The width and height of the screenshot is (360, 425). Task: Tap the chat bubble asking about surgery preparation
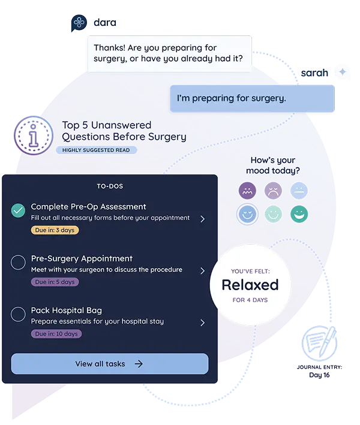tap(169, 53)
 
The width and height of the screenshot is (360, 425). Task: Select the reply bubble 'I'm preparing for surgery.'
tap(251, 98)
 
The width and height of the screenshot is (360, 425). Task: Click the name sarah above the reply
tap(314, 72)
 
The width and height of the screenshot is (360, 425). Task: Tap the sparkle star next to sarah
tap(343, 71)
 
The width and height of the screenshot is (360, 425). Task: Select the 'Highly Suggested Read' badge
tap(96, 150)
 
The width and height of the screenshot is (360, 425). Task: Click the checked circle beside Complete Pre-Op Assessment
tap(18, 210)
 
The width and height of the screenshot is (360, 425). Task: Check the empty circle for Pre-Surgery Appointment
tap(18, 263)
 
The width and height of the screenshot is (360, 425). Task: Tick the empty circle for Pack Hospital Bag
tap(18, 314)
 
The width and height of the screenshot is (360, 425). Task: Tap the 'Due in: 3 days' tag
tap(55, 230)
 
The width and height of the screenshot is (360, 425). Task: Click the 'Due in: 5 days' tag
tap(55, 282)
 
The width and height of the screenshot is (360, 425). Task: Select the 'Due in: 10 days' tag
tap(56, 333)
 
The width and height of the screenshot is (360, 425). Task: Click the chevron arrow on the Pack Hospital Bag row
tap(202, 322)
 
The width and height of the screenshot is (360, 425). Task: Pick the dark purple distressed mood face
tap(247, 191)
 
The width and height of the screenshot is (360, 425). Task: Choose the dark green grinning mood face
tap(298, 213)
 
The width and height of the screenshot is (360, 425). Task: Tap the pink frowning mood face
tap(272, 191)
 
